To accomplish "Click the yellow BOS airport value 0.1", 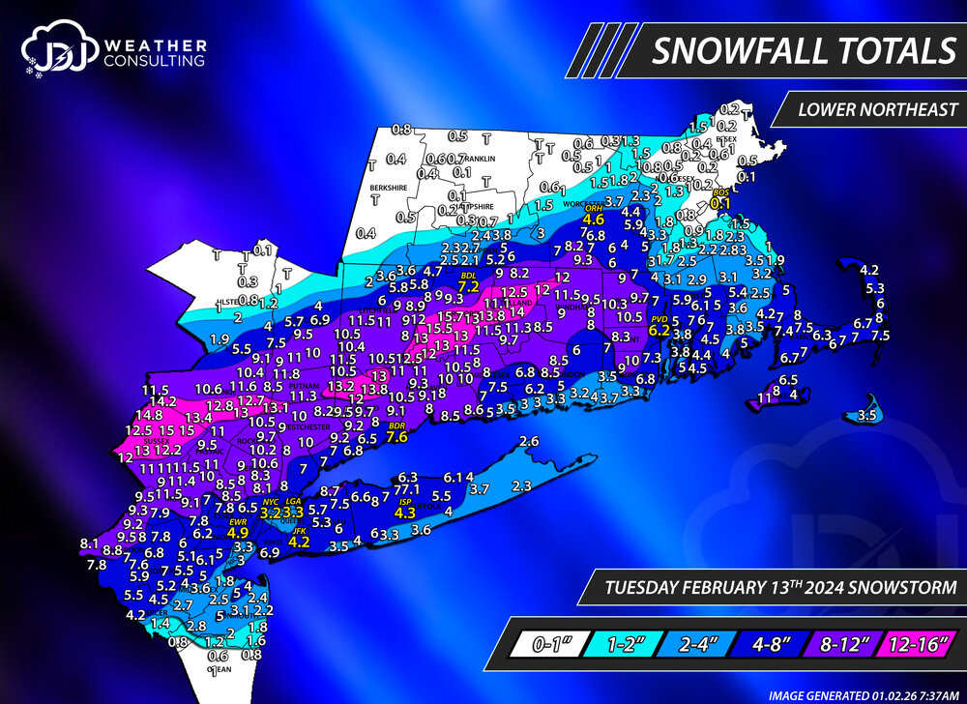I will [720, 203].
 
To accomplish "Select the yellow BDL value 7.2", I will [469, 286].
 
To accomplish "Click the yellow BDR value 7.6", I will [396, 436].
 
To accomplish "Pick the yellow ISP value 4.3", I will [404, 513].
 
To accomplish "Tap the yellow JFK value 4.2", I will [300, 542].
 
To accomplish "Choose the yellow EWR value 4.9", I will [239, 532].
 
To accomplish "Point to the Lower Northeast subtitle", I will [877, 108].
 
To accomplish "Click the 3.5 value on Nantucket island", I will [867, 416].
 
